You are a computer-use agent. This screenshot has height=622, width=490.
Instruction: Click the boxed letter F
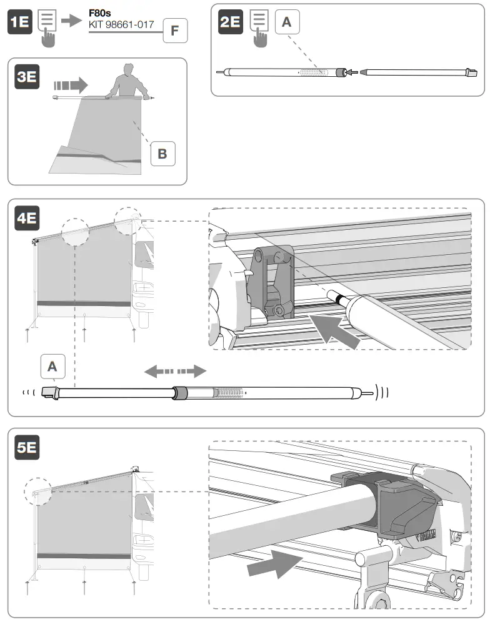point(175,30)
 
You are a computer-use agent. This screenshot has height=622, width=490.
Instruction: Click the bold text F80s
point(100,12)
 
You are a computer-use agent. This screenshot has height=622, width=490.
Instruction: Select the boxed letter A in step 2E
point(287,22)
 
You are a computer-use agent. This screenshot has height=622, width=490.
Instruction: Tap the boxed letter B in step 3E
point(162,154)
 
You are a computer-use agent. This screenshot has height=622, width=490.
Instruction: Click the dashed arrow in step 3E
point(69,84)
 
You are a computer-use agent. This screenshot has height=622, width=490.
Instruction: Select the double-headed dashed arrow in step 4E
point(175,372)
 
